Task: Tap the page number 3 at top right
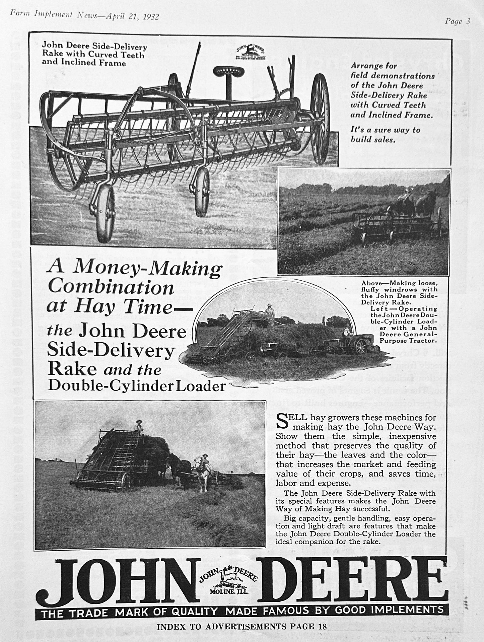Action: click(x=468, y=22)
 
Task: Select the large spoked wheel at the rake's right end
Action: click(x=320, y=119)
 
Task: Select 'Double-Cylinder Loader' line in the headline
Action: click(x=137, y=386)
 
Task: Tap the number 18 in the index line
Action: click(x=322, y=626)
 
